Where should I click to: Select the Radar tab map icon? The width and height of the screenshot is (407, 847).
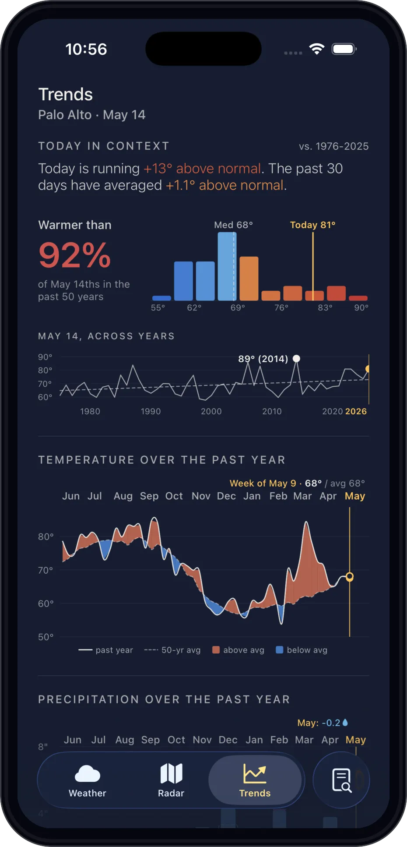[171, 773]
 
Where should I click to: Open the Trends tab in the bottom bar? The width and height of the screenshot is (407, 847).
[255, 780]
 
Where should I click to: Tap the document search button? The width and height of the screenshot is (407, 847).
[341, 780]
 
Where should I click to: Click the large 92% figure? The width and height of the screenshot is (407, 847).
[75, 255]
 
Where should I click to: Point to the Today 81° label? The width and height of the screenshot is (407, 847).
[312, 225]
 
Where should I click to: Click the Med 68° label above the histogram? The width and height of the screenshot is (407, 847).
[233, 225]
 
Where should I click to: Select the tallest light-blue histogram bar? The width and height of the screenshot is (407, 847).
[227, 266]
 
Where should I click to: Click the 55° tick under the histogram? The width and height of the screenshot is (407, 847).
[158, 307]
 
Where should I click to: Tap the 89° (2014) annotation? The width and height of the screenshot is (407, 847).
[263, 359]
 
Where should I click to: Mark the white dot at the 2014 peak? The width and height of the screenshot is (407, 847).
[296, 358]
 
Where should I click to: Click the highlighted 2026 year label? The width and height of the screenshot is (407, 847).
[356, 411]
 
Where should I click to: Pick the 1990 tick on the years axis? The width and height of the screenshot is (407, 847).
[151, 411]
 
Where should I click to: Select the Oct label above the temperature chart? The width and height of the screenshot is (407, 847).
[174, 496]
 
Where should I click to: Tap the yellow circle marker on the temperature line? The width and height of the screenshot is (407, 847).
[350, 577]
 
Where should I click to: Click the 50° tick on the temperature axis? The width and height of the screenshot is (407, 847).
[46, 637]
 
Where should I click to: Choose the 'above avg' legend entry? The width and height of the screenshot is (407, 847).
[239, 650]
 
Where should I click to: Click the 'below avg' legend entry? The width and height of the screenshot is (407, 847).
[302, 650]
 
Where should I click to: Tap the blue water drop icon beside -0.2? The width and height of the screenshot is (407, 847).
[345, 722]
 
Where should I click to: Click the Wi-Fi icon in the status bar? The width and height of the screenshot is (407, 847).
[316, 49]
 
